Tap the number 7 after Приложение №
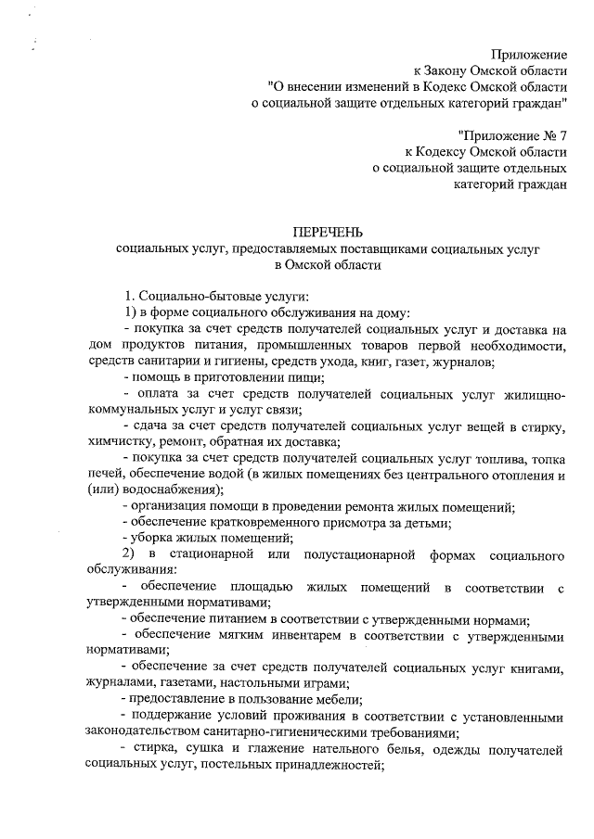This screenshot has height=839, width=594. pyautogui.click(x=562, y=134)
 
